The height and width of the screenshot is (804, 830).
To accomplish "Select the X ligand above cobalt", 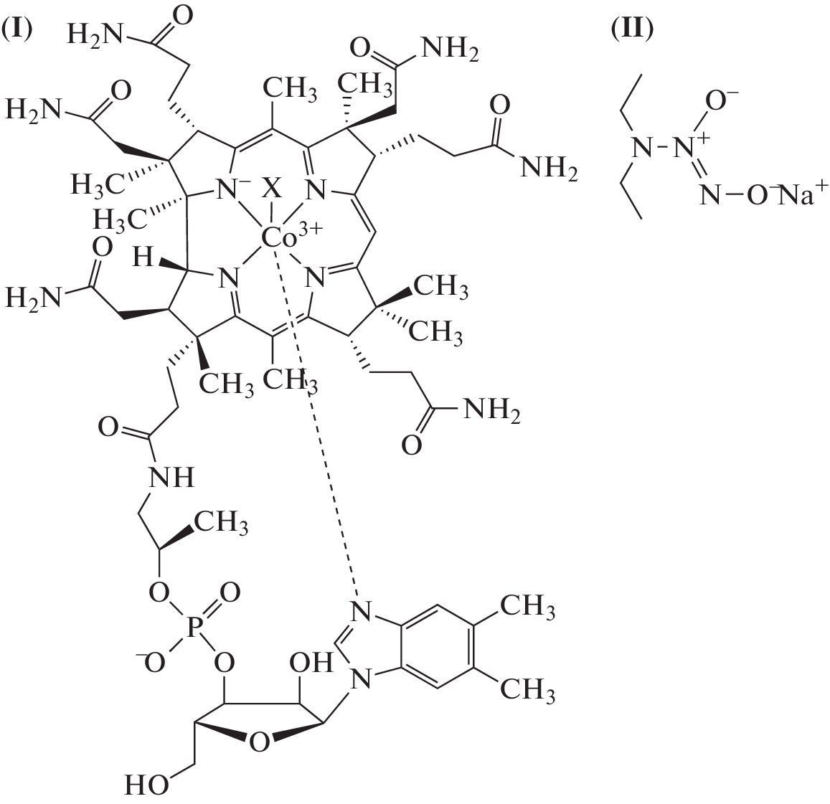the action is coord(273,188).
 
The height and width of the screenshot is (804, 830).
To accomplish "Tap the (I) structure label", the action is coord(16,29).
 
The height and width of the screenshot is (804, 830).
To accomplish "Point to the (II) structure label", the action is coord(632,29).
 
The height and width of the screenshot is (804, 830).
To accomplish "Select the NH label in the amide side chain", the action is coord(171,478).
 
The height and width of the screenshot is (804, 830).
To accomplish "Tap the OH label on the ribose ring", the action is coord(311,662).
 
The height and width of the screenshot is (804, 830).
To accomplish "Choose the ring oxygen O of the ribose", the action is coord(259,742).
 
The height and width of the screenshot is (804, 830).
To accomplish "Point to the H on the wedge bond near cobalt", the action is coord(142,257).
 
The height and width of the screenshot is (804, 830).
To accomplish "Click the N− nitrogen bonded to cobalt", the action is coord(230,189).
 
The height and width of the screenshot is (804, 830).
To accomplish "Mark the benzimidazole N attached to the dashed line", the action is coord(361,613).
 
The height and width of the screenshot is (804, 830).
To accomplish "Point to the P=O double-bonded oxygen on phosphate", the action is coord(230,592).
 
